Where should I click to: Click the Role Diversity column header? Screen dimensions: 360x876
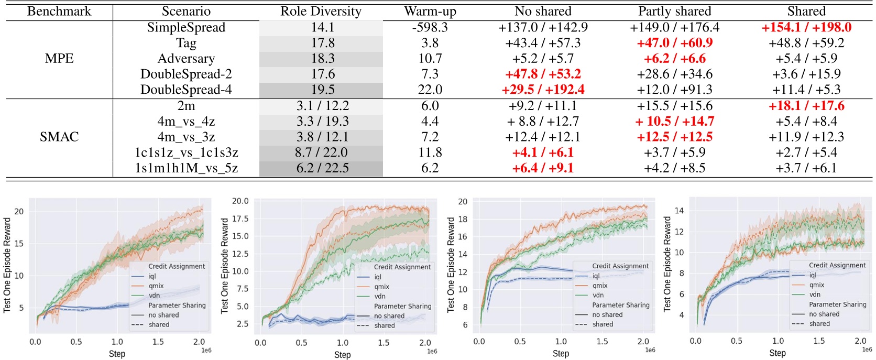(x=321, y=11)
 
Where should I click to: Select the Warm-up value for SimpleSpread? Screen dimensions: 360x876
(x=430, y=27)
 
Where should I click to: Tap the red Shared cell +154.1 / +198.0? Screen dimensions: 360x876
(x=806, y=27)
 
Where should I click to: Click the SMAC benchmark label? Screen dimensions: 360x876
(x=59, y=137)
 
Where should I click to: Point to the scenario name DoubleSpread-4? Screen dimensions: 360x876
(x=186, y=90)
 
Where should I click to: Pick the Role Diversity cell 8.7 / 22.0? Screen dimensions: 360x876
(x=321, y=152)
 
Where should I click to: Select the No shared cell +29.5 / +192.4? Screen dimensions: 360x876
(x=543, y=90)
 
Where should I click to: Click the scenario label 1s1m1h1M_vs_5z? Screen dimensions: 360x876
(x=186, y=168)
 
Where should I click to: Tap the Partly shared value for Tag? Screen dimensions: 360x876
(x=674, y=43)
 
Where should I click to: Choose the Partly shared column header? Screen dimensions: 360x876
(x=674, y=11)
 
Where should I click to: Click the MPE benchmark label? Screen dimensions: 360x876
(x=59, y=58)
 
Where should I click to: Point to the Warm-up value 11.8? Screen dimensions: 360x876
(x=430, y=152)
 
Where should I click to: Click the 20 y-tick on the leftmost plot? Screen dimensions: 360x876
(x=19, y=212)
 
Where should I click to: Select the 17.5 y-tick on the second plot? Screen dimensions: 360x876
(x=240, y=219)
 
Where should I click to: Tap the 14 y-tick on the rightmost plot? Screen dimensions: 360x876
(x=679, y=211)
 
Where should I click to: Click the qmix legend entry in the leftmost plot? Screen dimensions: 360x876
(x=156, y=286)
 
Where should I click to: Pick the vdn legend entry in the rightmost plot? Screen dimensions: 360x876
(x=815, y=294)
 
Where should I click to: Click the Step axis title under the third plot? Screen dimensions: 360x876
(x=561, y=354)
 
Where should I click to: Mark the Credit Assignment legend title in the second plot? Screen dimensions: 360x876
(x=402, y=267)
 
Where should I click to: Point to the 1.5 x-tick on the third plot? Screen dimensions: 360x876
(x=602, y=342)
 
